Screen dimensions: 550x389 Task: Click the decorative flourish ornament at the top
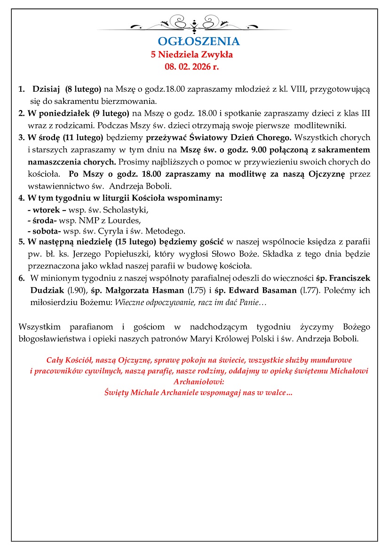(x=194, y=23)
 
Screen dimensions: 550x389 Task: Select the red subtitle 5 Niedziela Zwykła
(x=192, y=55)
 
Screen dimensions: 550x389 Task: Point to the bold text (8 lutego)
(x=83, y=89)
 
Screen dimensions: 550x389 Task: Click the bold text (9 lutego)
(x=111, y=113)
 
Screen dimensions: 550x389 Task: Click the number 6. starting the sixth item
(x=22, y=278)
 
